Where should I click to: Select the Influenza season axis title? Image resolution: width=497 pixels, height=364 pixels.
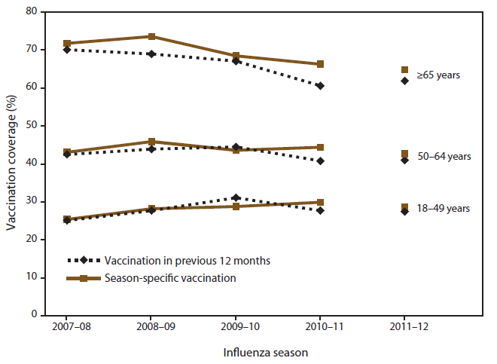pos(265,351)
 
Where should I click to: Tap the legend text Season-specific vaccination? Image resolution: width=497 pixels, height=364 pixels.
pos(172,278)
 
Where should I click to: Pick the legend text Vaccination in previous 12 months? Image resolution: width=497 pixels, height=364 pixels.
pos(188,261)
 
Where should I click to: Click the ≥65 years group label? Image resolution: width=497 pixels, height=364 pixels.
pos(438,75)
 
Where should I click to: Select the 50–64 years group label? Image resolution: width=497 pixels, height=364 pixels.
pos(444,157)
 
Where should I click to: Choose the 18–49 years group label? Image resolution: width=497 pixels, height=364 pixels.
pos(444,209)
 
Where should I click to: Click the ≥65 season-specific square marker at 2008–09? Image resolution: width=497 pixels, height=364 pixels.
pos(151,36)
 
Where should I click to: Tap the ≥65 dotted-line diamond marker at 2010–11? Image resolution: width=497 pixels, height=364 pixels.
pos(320,86)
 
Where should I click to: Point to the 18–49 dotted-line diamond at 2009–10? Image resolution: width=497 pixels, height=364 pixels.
pos(236,197)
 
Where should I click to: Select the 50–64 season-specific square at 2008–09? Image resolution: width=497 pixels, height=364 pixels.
pos(151,142)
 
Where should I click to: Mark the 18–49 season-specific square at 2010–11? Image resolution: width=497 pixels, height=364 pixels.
pos(320,202)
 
